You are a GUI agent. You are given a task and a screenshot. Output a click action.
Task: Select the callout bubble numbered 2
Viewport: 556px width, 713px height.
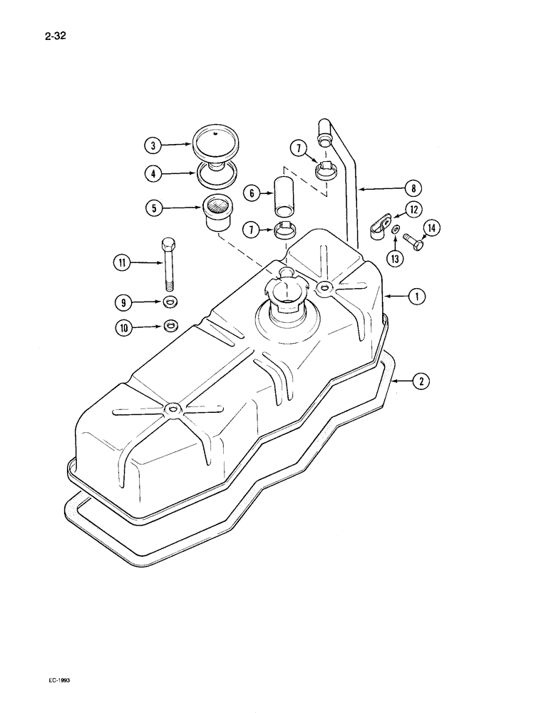(421, 381)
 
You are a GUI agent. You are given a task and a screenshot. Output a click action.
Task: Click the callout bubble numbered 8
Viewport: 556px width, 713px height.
(412, 188)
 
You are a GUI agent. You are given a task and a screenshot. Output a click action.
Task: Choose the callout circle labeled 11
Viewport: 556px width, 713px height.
(122, 264)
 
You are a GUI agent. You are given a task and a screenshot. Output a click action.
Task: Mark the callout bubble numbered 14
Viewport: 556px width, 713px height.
(431, 229)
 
